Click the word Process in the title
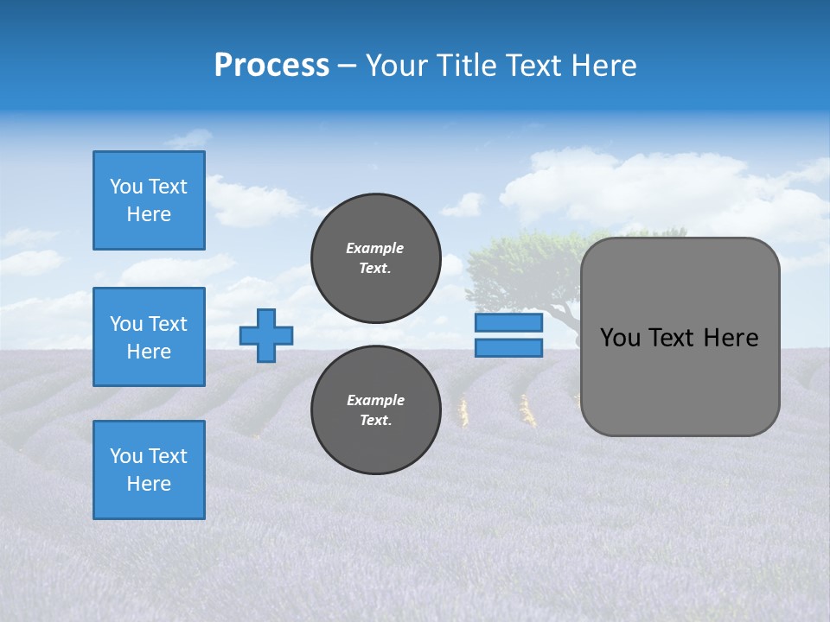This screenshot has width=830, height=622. pos(271,66)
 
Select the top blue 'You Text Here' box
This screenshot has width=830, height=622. pos(149,200)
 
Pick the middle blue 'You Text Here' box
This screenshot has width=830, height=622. pos(149,337)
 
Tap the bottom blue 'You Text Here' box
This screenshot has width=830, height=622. pos(149,470)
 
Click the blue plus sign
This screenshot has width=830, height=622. pos(266,335)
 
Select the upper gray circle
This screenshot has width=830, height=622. pos(375,258)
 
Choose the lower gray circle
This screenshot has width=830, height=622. pos(375,410)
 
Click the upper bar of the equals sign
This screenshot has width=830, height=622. pos(508,323)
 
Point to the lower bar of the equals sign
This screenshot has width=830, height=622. pos(508,348)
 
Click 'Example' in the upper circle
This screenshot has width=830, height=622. pos(375,248)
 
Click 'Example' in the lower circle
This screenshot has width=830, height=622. pos(375,400)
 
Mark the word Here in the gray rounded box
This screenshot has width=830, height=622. pos(731,338)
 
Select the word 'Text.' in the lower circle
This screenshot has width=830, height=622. pos(375,421)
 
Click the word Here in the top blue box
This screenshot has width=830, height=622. pos(149,214)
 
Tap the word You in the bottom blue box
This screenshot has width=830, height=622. pos(125,456)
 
